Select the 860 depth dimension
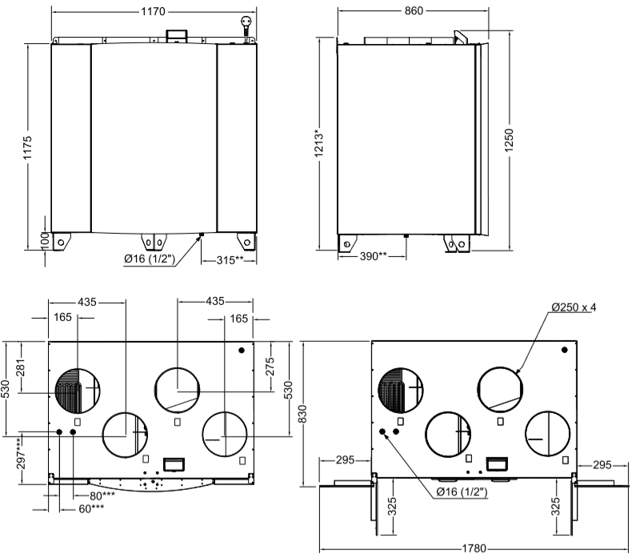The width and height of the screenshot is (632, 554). (413, 12)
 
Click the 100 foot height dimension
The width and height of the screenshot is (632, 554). (46, 240)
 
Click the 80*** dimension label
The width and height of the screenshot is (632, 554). (103, 496)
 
